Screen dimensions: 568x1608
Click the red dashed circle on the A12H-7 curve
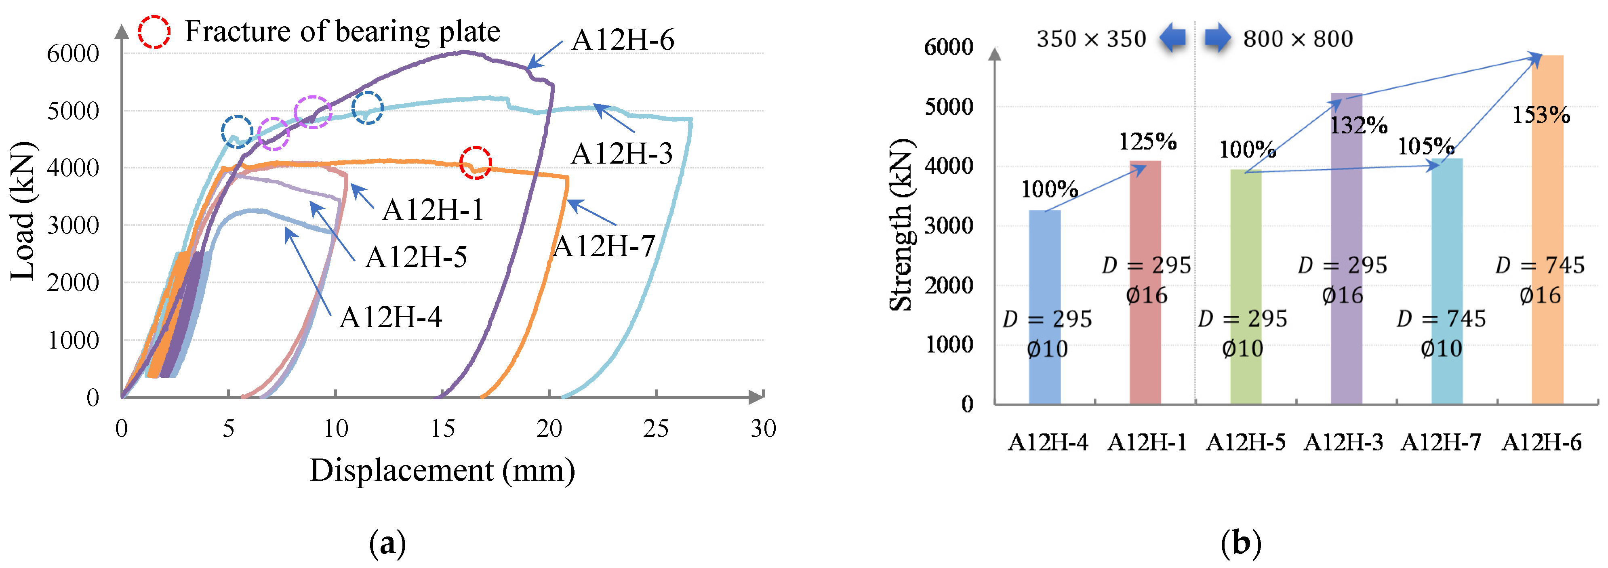475,163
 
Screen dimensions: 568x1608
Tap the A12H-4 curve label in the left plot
391,318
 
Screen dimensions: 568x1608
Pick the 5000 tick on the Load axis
73,111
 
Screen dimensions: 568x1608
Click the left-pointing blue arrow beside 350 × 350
1172,38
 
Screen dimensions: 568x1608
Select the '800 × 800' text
1298,39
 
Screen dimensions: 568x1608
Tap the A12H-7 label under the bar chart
1441,442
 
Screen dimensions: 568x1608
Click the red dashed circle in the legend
154,32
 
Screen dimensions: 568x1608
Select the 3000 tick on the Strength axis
948,226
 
